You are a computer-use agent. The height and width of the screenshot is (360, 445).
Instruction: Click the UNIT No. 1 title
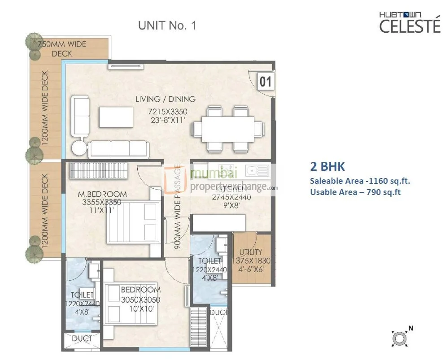coord(167,26)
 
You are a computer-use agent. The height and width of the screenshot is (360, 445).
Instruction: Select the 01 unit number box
coord(266,82)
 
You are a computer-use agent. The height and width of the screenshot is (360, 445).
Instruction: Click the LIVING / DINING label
coord(166,99)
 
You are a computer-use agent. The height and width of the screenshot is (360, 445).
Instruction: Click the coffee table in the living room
coord(116,117)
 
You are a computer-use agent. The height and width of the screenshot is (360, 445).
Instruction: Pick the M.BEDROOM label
coord(102,194)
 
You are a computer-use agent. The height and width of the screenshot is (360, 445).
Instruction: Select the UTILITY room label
coord(251,252)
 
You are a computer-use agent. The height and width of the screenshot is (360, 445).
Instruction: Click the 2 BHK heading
coord(327,166)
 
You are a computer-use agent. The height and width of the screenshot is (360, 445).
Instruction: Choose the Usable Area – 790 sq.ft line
coord(355,192)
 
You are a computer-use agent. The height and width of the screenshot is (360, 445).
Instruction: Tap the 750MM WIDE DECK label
coord(62,49)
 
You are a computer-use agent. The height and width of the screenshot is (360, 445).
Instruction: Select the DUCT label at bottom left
coord(82,338)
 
